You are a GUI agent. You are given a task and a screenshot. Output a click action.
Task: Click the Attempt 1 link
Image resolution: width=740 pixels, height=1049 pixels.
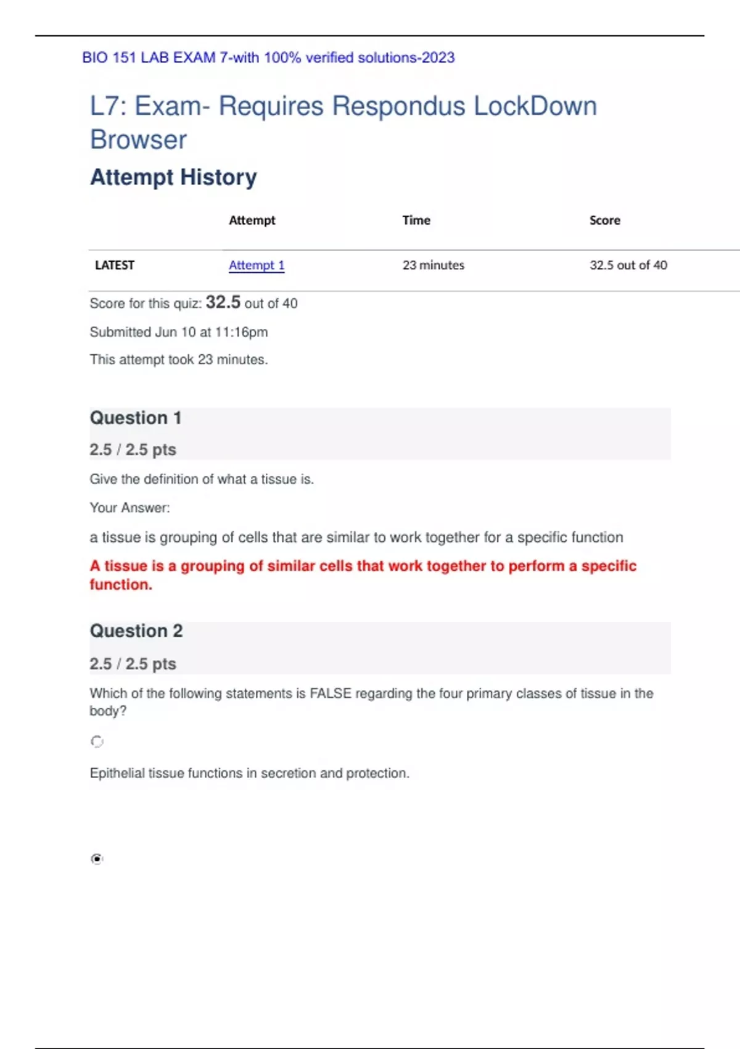coord(257,265)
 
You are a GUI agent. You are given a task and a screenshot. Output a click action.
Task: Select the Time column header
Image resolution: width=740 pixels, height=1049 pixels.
coord(416,220)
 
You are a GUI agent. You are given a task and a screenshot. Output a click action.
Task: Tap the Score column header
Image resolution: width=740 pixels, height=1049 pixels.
coord(604,220)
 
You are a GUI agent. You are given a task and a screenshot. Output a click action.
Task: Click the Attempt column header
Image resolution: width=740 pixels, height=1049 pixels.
coord(252,220)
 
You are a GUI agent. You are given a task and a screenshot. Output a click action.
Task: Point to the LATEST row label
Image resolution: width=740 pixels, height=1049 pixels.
coord(115,265)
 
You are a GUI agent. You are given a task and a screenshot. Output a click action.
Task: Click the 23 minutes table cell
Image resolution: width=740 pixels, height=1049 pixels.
coord(433,265)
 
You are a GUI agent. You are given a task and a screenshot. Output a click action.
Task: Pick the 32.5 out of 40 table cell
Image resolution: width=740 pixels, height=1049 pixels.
coord(628,265)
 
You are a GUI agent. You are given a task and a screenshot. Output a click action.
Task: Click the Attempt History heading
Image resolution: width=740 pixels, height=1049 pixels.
coord(173,177)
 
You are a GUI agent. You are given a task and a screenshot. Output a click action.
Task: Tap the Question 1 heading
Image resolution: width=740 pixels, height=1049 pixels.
coord(136,418)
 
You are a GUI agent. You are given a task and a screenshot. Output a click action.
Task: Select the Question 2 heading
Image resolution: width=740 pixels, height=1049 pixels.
coord(136,631)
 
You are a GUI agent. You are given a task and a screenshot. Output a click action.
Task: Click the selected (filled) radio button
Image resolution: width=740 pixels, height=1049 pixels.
coord(97,859)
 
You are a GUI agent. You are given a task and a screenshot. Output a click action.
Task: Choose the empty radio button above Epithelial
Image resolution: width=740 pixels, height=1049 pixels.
coord(97,741)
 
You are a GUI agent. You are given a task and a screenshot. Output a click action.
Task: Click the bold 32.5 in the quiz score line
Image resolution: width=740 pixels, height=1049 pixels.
coord(223,302)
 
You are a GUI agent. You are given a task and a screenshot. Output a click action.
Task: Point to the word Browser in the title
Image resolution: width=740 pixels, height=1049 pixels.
coord(138,139)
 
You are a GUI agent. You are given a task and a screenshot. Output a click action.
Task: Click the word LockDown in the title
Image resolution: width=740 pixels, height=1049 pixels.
coord(535,106)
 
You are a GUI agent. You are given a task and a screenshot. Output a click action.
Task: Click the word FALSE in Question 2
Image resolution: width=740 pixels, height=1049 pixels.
coord(330,694)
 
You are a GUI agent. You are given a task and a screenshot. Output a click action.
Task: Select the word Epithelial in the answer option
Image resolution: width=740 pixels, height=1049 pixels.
coord(119,773)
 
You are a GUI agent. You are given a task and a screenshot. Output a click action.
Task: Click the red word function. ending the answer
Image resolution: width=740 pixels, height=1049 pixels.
coord(121,584)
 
